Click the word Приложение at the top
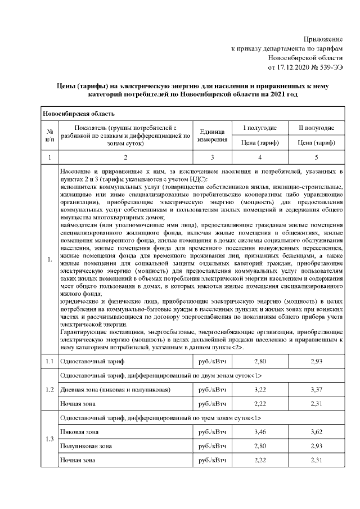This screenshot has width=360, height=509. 323,38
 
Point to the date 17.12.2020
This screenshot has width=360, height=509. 291,67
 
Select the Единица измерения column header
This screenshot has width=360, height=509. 212,136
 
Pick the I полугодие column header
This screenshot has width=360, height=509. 260,128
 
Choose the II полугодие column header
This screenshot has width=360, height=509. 316,128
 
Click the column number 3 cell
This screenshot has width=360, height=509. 212,157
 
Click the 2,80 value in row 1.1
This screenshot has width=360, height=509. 260,360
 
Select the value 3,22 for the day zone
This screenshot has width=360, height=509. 260,390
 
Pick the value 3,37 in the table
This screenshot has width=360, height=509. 316,390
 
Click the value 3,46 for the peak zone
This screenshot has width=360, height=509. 260,432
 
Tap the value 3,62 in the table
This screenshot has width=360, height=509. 316,432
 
